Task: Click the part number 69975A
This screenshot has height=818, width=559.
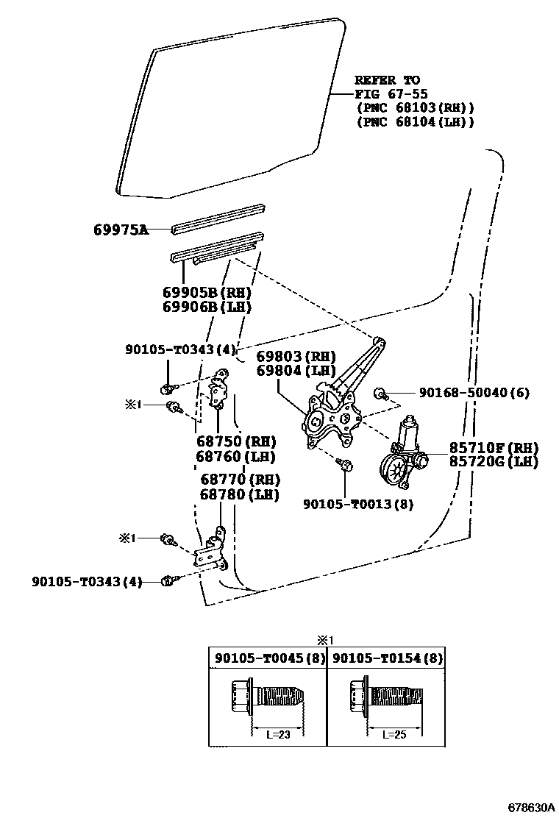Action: [x=121, y=230]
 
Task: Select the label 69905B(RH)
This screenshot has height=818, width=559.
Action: [x=207, y=291]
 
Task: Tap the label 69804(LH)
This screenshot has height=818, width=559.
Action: [x=296, y=371]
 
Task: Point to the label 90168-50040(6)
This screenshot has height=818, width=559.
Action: [x=474, y=394]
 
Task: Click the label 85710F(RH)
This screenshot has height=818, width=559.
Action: [x=494, y=448]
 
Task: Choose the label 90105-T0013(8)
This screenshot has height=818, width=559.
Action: [x=358, y=504]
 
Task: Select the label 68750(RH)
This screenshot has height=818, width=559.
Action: [x=235, y=442]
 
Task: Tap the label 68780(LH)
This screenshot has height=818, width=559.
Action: [x=239, y=494]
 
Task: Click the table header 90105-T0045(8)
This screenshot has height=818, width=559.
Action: [x=269, y=658]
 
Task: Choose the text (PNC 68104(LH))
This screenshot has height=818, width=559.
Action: [x=415, y=122]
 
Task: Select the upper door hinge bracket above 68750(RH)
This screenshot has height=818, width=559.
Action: [x=218, y=391]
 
